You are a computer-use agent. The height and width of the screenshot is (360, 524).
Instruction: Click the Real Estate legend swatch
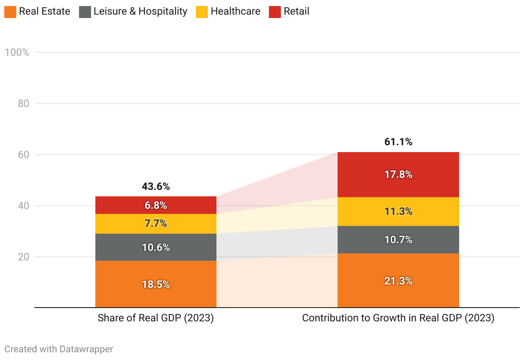pos(10,12)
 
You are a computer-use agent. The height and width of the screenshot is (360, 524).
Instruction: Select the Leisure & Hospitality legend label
pos(140,12)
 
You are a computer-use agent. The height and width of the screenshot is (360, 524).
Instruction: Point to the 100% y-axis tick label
pos(17,52)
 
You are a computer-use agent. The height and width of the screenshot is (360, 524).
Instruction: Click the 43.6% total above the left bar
pos(156,186)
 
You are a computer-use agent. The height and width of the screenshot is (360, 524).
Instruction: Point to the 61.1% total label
pos(398,142)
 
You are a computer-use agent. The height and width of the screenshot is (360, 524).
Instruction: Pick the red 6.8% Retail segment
pos(156,205)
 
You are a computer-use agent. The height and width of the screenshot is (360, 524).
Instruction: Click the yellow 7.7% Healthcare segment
pos(156,224)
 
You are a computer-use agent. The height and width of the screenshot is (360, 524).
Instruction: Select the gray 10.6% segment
pos(156,247)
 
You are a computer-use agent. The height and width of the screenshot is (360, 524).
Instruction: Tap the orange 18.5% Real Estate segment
pos(156,284)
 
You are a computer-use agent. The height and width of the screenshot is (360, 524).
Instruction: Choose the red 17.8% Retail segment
pos(398,174)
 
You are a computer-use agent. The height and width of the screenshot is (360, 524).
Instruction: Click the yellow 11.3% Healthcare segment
pos(398,211)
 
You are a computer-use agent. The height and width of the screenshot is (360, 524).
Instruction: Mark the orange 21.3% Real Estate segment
pos(398,281)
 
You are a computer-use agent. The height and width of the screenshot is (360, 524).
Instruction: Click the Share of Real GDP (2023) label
pos(156,318)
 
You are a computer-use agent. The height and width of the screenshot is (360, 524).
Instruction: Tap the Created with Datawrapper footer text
pos(59,349)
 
